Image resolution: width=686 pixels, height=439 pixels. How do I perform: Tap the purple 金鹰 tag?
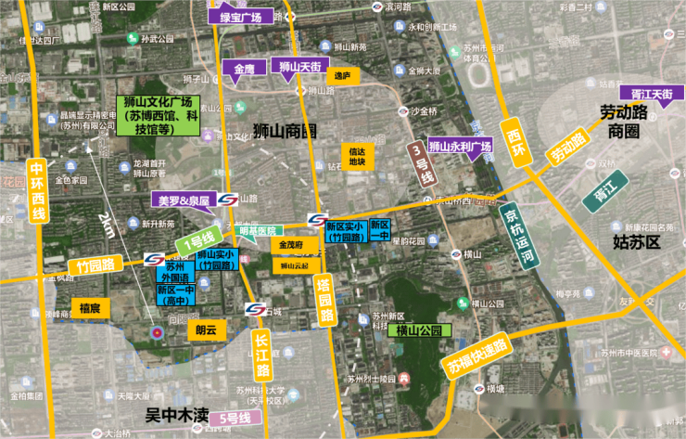pyautogui.click(x=244, y=70)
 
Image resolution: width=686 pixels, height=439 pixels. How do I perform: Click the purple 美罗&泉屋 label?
pyautogui.click(x=184, y=200)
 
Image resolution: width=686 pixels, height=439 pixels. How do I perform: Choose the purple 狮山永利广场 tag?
pyautogui.click(x=461, y=147)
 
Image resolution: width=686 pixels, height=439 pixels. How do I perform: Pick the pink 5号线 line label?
pyautogui.click(x=235, y=420)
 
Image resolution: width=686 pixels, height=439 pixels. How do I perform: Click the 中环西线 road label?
pyautogui.click(x=38, y=191)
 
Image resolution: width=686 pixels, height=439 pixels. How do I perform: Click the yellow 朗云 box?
pyautogui.click(x=206, y=329)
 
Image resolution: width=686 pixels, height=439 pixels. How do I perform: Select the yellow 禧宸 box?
pyautogui.click(x=90, y=307)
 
